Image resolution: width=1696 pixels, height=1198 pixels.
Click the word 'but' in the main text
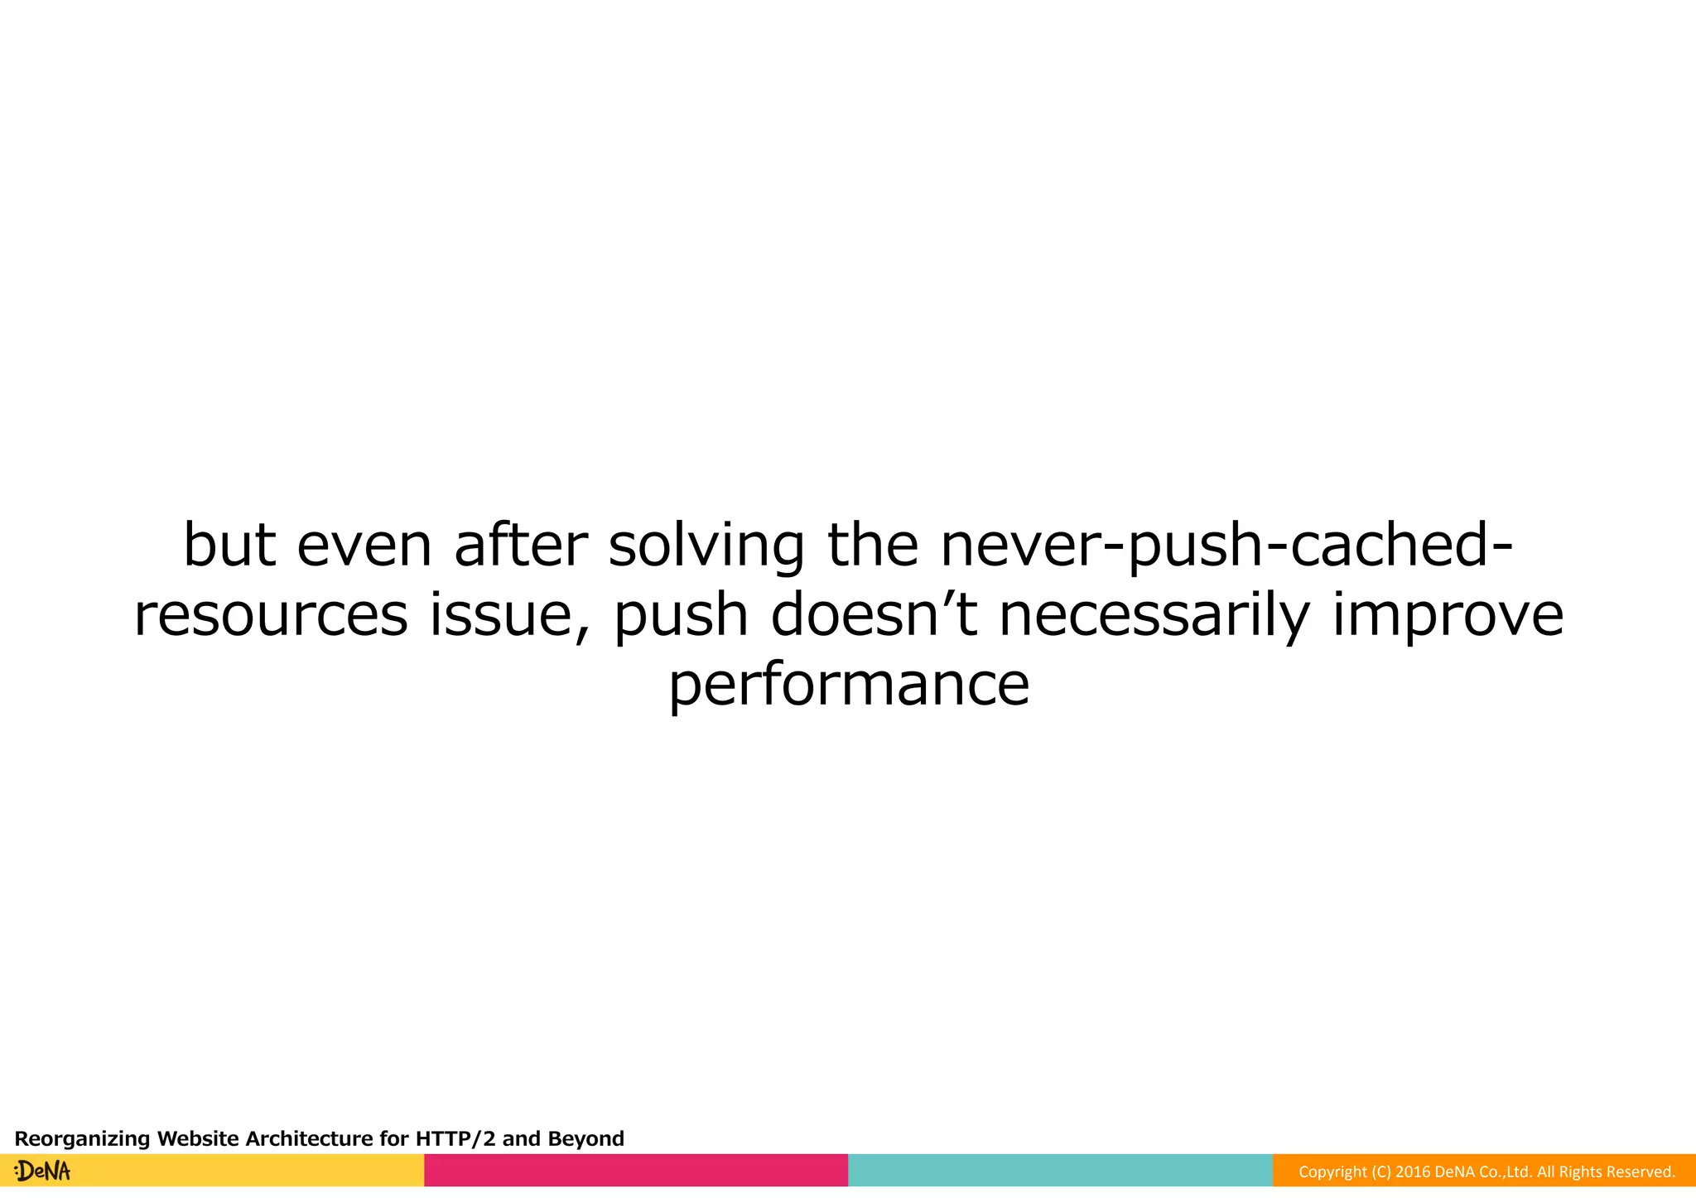229,546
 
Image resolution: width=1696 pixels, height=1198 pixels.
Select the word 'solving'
706,546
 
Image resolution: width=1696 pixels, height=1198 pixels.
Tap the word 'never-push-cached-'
1226,546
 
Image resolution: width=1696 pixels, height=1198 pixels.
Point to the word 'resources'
271,615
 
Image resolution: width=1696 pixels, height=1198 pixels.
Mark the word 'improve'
1448,615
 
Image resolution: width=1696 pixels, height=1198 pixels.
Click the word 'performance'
849,686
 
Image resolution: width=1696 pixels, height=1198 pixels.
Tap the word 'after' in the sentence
521,546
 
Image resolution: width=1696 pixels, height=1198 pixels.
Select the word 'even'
364,546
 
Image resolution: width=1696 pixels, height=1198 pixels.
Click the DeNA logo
43,1171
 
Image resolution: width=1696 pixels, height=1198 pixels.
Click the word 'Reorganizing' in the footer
83,1138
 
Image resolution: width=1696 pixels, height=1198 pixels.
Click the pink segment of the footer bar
636,1170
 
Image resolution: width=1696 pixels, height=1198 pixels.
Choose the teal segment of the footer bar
1060,1170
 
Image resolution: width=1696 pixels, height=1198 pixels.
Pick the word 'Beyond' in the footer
585,1138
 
